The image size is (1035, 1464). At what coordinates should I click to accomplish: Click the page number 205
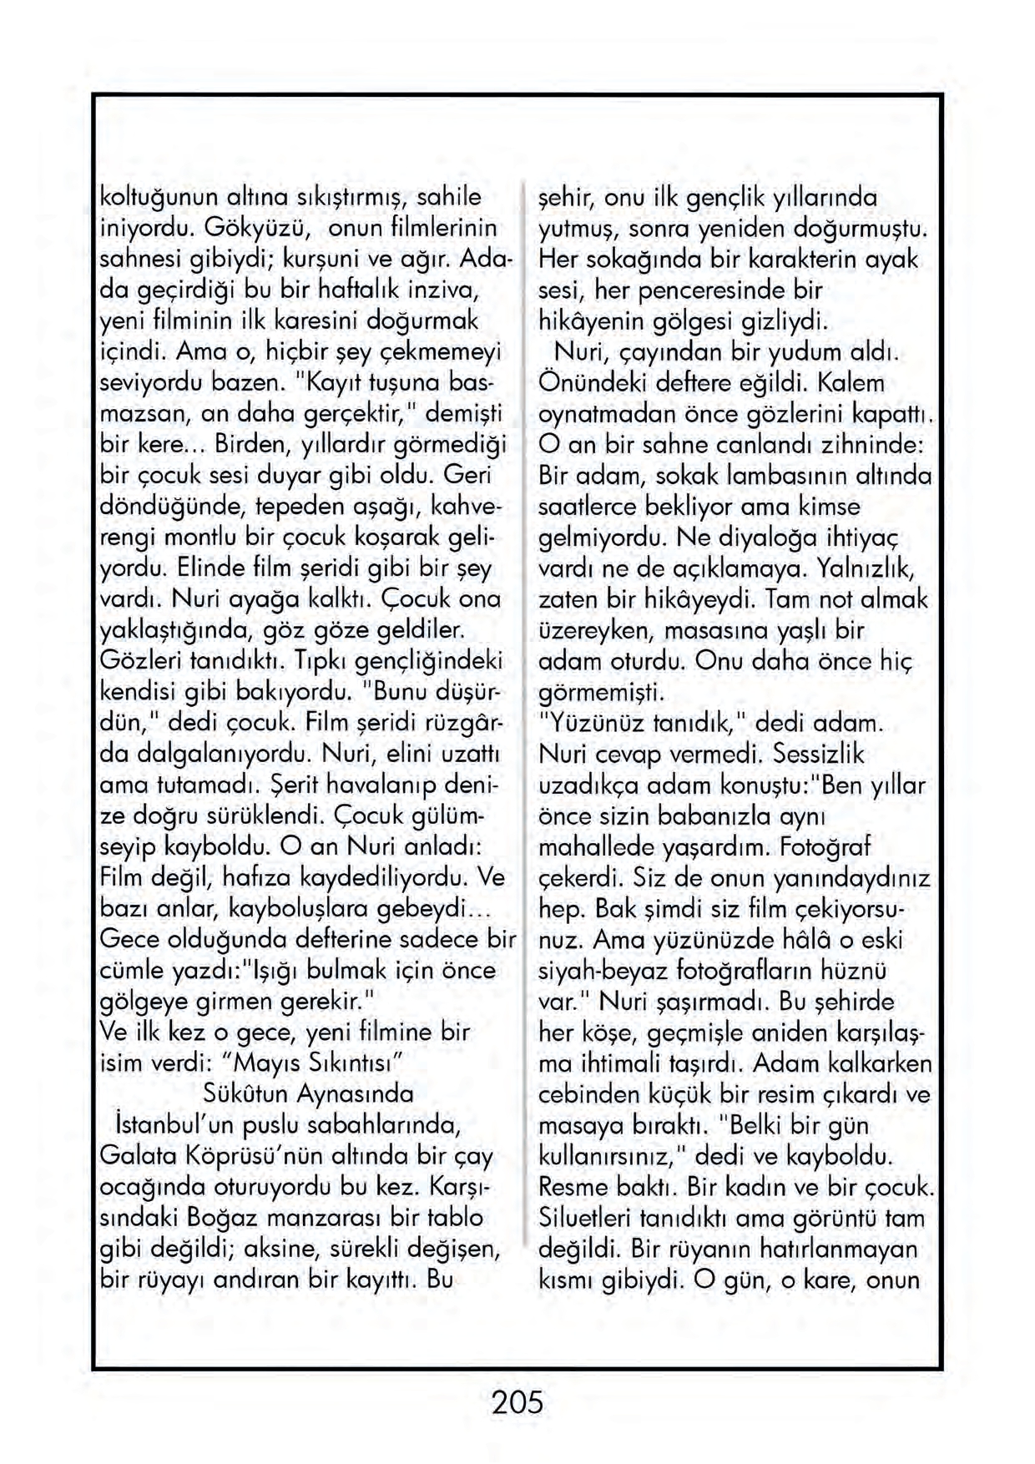click(517, 1401)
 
